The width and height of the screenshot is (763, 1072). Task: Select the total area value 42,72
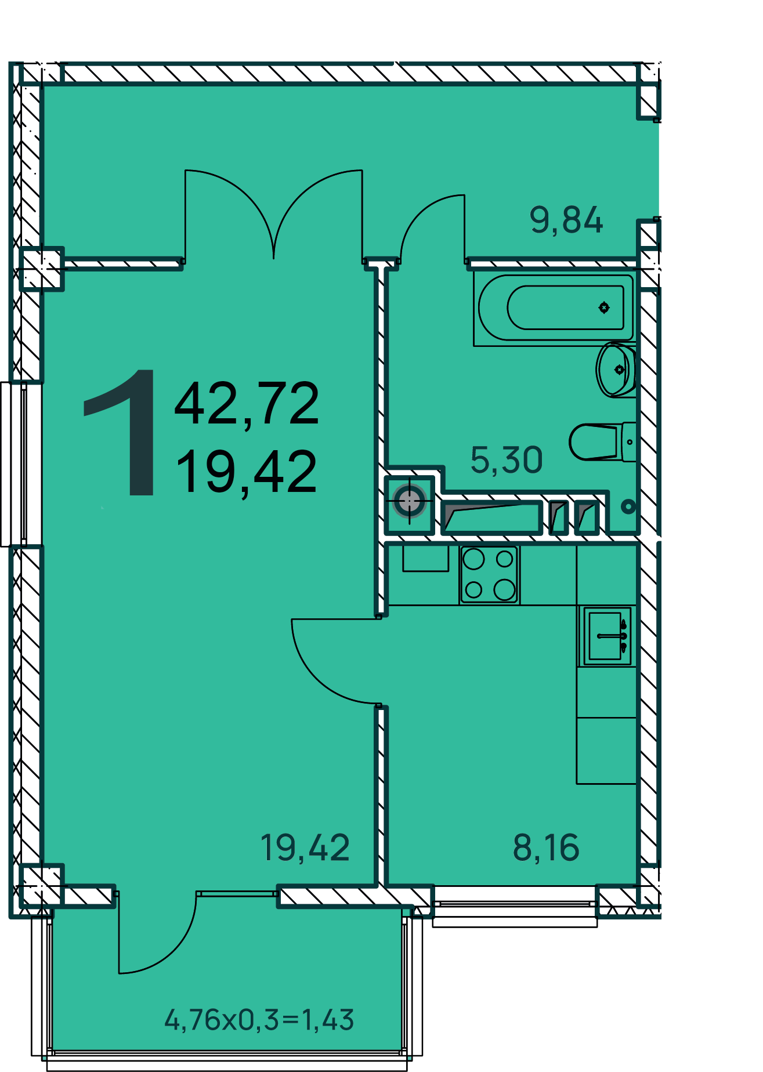247,404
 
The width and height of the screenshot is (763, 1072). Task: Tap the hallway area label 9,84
566,220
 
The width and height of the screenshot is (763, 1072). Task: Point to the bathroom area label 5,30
507,461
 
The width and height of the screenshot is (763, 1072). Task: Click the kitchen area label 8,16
546,848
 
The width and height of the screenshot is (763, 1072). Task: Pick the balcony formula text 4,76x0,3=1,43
259,1020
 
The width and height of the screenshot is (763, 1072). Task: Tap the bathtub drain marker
604,307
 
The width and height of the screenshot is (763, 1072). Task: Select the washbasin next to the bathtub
616,370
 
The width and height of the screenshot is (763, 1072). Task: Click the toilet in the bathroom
602,441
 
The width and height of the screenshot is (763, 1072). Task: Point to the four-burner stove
489,574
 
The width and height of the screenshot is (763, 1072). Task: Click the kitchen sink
607,636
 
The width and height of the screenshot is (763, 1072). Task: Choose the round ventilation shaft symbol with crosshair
410,501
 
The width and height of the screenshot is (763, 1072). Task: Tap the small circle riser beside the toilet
628,506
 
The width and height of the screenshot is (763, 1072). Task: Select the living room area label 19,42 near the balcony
305,848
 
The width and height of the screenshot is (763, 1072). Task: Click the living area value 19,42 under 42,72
247,472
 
